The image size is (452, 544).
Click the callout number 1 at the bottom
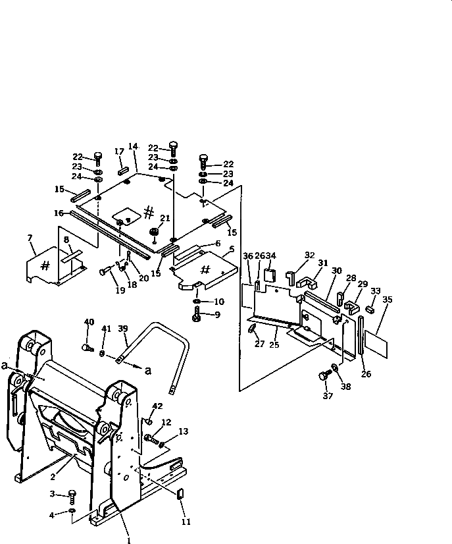[x=129, y=540]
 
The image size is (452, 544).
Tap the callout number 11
[x=186, y=522]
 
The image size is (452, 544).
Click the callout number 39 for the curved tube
[x=122, y=329]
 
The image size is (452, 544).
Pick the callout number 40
[x=89, y=322]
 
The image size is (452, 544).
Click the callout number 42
[x=157, y=406]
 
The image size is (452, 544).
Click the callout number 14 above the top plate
[x=132, y=146]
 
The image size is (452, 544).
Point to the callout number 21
[x=166, y=217]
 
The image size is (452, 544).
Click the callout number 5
[x=231, y=250]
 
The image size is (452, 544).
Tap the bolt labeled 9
[x=197, y=317]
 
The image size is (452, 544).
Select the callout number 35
[x=387, y=299]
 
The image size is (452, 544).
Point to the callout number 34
[x=271, y=256]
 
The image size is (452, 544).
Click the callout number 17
[x=119, y=151]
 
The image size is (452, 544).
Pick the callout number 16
[x=59, y=213]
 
